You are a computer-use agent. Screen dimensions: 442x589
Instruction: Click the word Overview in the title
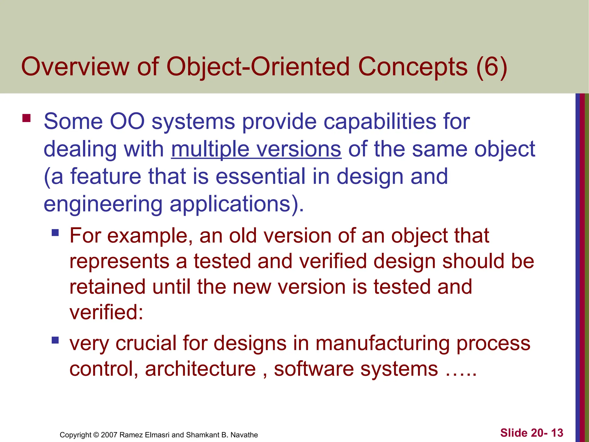point(75,67)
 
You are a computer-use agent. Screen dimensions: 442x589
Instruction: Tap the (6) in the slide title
point(492,67)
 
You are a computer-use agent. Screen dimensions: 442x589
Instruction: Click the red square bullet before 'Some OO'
point(26,118)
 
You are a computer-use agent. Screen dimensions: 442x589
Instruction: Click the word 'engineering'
point(103,204)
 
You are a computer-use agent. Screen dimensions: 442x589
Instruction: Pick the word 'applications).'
point(237,204)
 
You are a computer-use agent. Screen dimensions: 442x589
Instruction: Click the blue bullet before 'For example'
point(55,233)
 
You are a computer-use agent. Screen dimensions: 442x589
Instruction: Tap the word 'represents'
point(119,261)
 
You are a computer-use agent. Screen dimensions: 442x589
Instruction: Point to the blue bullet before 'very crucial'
point(55,340)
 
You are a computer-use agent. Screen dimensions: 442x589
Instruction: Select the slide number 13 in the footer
point(557,433)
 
